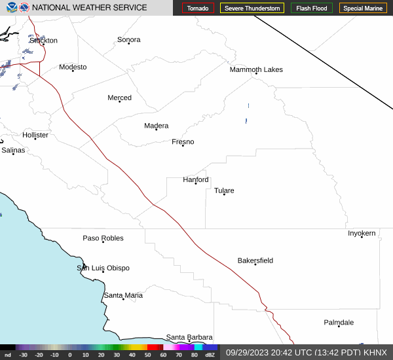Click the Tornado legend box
(x=198, y=9)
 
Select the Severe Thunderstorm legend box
(x=252, y=9)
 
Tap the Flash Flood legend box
(x=312, y=9)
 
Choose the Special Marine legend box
(x=363, y=9)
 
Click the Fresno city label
(x=183, y=142)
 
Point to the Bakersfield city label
(x=255, y=261)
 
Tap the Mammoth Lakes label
(x=255, y=69)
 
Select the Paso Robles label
(x=103, y=238)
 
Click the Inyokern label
(x=362, y=233)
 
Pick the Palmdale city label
(x=339, y=322)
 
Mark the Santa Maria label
(x=123, y=295)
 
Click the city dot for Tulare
(x=224, y=194)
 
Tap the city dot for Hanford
(x=195, y=183)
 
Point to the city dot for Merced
(x=119, y=101)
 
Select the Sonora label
(x=128, y=39)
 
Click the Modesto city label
(x=73, y=67)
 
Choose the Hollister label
(x=35, y=135)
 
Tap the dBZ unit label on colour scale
(x=210, y=355)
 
